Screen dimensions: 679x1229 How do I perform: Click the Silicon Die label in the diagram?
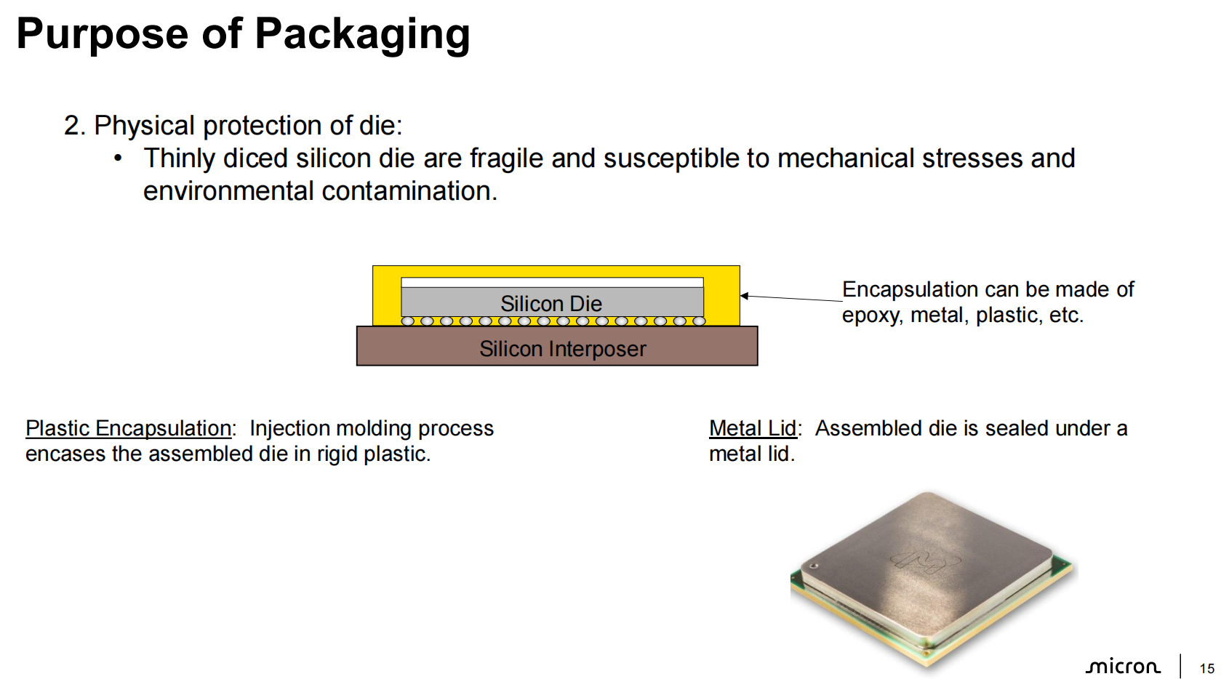tap(551, 303)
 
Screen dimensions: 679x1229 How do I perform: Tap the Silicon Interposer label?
tap(562, 349)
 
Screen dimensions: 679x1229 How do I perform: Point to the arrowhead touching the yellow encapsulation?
tap(745, 296)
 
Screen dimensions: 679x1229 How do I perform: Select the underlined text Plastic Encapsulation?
tap(128, 429)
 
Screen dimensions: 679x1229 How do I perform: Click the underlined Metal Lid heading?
tap(753, 429)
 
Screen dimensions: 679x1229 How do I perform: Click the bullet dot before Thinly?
tap(118, 158)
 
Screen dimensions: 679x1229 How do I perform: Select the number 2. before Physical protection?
tap(74, 126)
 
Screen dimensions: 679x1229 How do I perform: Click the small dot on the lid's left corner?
tap(814, 566)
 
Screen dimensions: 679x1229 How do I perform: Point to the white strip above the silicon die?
tap(552, 282)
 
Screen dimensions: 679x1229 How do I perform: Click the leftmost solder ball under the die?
tap(408, 321)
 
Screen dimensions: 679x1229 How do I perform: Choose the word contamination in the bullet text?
tap(409, 191)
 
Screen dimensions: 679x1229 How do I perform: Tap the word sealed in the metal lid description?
tap(1016, 429)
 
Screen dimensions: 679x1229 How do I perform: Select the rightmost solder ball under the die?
tap(699, 321)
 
